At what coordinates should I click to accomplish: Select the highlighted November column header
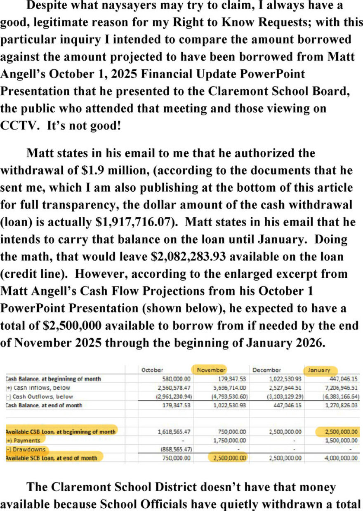click(211, 370)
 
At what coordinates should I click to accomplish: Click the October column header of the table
click(153, 370)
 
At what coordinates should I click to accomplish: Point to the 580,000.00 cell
click(175, 379)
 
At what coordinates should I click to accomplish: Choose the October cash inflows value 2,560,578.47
click(172, 387)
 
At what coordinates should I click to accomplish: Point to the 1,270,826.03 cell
click(340, 405)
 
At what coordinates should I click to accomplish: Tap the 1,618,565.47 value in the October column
click(173, 431)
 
